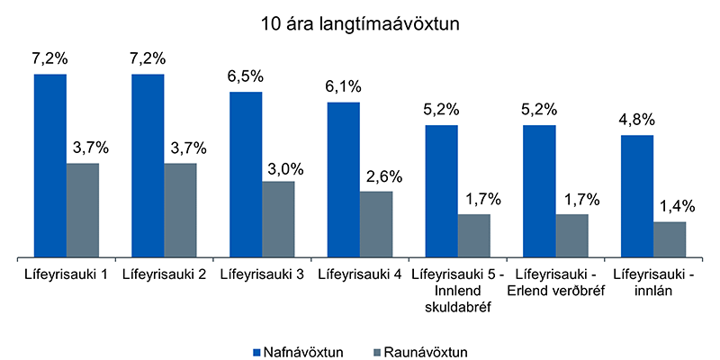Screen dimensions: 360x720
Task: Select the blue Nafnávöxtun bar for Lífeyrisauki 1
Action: coord(50,166)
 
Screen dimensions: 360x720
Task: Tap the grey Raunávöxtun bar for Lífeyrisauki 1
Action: coord(83,210)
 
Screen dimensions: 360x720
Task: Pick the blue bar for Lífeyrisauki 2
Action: coord(148,166)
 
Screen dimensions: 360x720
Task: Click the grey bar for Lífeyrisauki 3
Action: coord(278,219)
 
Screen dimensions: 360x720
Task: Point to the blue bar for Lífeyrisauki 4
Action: coord(344,180)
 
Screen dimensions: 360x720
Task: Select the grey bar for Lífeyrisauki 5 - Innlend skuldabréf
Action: coord(474,235)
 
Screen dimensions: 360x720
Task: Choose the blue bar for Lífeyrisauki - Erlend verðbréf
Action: coord(539,191)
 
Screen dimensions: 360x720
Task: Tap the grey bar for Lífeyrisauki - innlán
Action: coord(670,238)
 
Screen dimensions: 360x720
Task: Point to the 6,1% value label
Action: coord(344,88)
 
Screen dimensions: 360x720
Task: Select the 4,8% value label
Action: coord(637,121)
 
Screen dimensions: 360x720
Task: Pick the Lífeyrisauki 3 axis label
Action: coord(261,274)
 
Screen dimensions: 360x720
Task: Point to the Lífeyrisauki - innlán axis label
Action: coord(653,282)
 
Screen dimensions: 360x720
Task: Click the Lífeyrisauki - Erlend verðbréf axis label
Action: coord(555,282)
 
